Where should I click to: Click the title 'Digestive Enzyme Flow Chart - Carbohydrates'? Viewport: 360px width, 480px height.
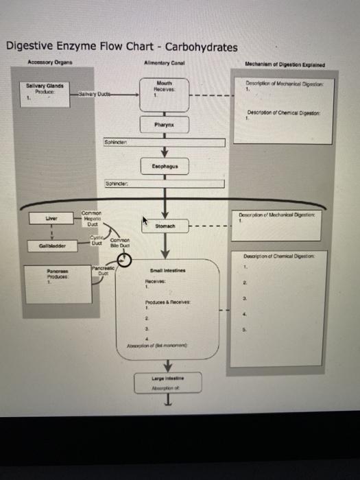(121, 47)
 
